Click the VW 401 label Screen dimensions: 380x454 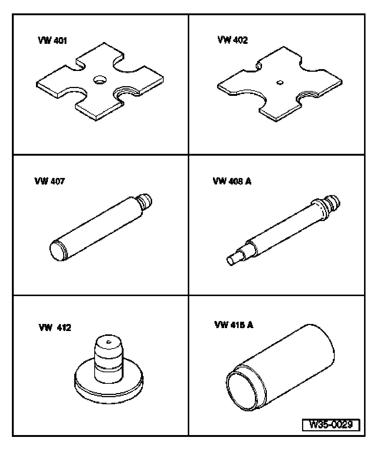52,40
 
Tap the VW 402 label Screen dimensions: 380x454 233,40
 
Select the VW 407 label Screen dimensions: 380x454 49,181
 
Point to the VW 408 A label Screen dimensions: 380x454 232,181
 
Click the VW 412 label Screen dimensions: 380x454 55,327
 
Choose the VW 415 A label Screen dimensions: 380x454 234,325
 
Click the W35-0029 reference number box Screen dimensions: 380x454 331,425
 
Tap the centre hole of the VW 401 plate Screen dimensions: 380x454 100,80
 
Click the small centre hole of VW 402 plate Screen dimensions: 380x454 280,82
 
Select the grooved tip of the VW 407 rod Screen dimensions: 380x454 145,201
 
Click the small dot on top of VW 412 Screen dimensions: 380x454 109,342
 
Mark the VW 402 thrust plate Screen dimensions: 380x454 280,84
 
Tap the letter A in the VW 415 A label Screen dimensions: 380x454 250,325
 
